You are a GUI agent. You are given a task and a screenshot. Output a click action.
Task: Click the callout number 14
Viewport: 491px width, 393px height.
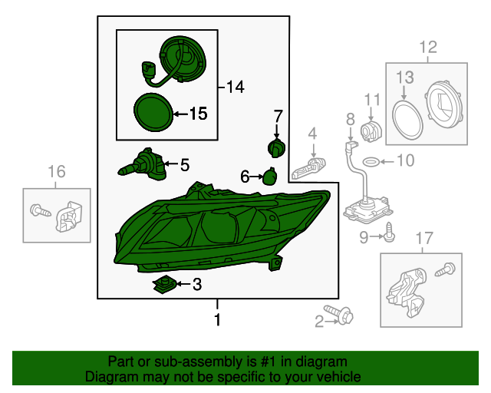coord(235,87)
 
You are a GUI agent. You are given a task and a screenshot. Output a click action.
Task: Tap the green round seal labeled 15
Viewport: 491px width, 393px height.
coord(153,112)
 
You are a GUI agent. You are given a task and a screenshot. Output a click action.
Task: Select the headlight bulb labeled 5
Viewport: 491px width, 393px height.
coord(142,165)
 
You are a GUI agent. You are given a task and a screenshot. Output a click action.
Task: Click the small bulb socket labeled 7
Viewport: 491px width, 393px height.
coord(276,148)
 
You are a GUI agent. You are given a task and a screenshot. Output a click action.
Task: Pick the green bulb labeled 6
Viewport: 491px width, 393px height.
coord(269,177)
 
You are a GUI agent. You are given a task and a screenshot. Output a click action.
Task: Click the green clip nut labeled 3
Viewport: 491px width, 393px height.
coord(164,285)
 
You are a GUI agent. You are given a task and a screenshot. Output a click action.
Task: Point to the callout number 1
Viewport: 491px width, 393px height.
coord(217,320)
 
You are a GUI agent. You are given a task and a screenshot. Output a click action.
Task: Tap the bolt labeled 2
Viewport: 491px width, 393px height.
coord(339,315)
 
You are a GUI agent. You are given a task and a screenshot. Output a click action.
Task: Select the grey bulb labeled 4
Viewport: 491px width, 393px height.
coord(308,168)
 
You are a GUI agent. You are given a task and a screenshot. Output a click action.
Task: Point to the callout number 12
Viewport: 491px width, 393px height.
coord(428,48)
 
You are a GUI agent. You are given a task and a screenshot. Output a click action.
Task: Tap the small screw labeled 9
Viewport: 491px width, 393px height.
coord(389,233)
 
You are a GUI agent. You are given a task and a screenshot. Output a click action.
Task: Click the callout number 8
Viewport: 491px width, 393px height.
coord(351,120)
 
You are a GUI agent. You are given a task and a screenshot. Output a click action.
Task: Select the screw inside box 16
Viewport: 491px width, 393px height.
coord(41,210)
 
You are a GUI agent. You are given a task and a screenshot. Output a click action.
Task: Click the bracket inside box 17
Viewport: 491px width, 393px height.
coord(406,292)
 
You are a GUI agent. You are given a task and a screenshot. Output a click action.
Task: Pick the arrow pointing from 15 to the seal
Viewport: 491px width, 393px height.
coord(181,114)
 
